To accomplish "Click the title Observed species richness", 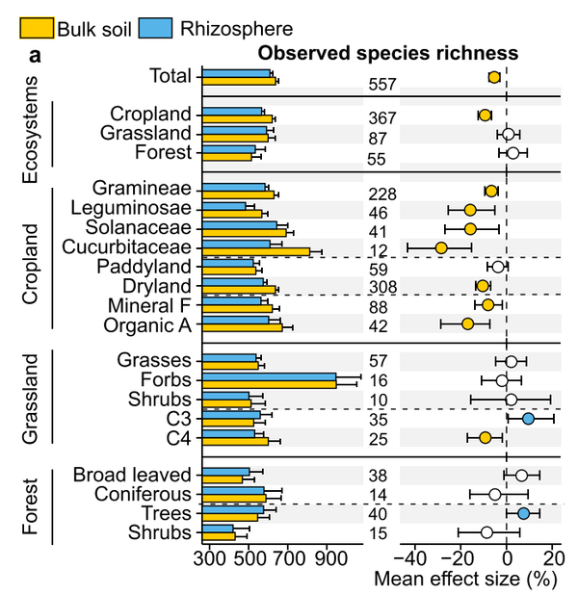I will point(387,54).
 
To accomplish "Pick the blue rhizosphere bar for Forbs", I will point(269,377).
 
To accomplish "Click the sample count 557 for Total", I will point(382,85).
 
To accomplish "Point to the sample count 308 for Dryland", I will point(382,287).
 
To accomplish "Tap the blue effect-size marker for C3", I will point(528,419).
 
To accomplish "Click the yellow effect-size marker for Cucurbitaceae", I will point(441,247).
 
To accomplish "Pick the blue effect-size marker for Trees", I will point(523,513).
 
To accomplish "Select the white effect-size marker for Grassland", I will point(509,134).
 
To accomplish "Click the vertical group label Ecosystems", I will point(31,129).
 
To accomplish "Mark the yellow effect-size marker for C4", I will point(486,438).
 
